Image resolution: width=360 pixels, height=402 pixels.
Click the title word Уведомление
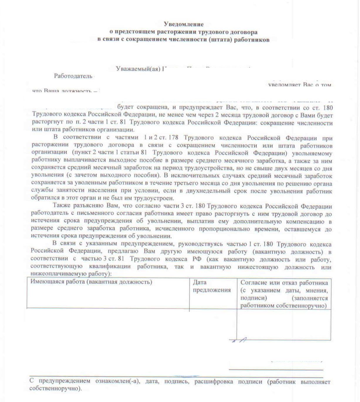pos(184,24)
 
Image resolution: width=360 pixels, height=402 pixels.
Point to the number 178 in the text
pos(173,137)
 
